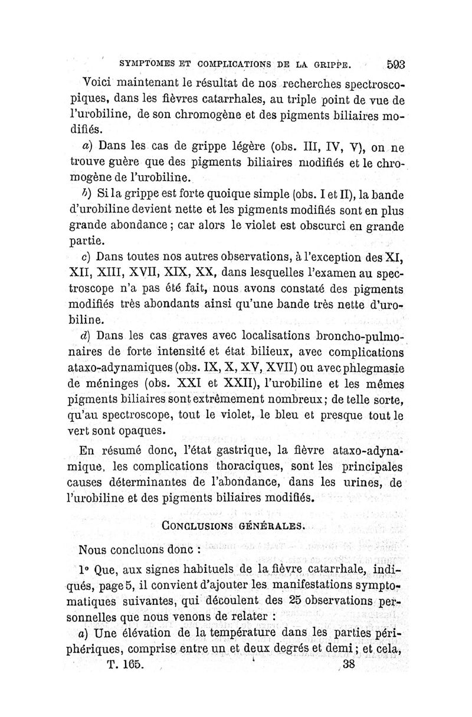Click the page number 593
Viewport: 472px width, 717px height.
400,64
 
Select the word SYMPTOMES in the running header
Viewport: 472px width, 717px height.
147,63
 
